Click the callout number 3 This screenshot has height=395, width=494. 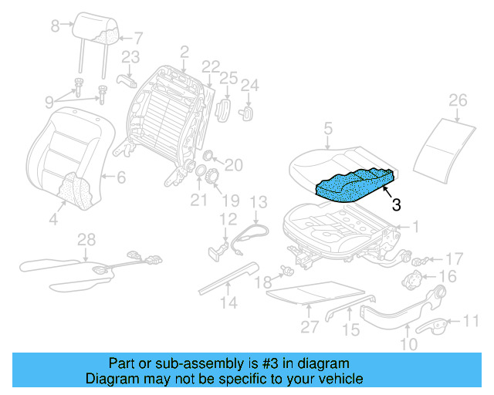tap(396, 204)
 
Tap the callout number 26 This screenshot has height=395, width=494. tap(458, 100)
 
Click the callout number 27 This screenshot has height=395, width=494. tap(310, 326)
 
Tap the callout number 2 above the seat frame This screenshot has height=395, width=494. tap(184, 52)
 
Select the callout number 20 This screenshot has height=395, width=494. tap(233, 164)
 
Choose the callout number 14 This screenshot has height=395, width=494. tap(227, 302)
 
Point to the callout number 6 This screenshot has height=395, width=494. tap(120, 177)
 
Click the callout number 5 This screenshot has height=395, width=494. tap(328, 130)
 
